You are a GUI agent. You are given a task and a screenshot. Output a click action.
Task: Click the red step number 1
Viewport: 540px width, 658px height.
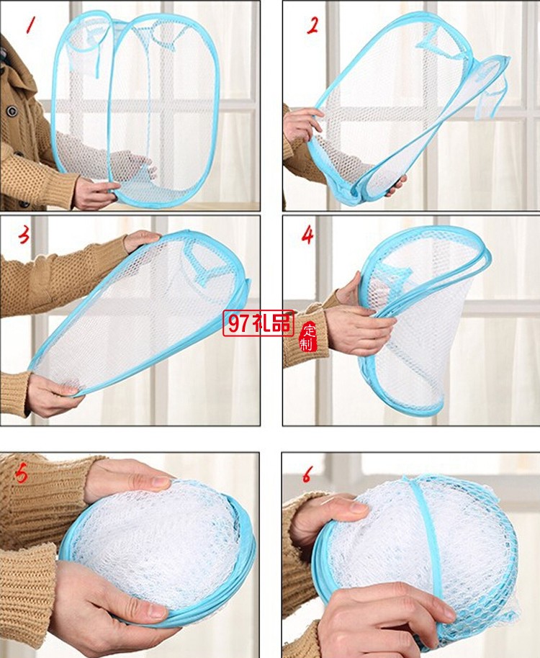(30, 25)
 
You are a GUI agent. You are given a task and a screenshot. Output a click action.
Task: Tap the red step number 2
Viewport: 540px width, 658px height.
(312, 26)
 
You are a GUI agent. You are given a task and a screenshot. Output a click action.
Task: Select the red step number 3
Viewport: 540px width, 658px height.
(24, 235)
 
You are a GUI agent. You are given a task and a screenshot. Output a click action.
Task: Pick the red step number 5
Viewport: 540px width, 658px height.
(21, 474)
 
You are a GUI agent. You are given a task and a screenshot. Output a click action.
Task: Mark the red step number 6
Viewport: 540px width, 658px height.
(307, 475)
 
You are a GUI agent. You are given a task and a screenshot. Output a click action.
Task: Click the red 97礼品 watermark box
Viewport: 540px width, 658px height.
(258, 323)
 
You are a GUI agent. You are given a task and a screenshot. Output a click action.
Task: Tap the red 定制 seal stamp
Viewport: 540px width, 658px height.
(308, 337)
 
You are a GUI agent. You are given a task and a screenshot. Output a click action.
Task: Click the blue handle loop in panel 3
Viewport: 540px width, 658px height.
(202, 261)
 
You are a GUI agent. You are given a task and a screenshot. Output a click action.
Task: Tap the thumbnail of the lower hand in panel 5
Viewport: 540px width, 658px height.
(156, 611)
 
